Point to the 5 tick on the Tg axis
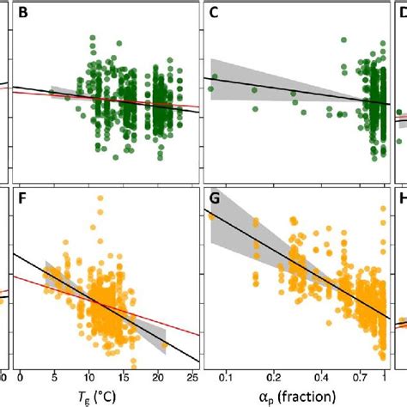53,377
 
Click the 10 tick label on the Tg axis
89,377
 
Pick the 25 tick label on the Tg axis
193,377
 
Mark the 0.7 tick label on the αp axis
368,377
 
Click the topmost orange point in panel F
100,199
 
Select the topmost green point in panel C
343,39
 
